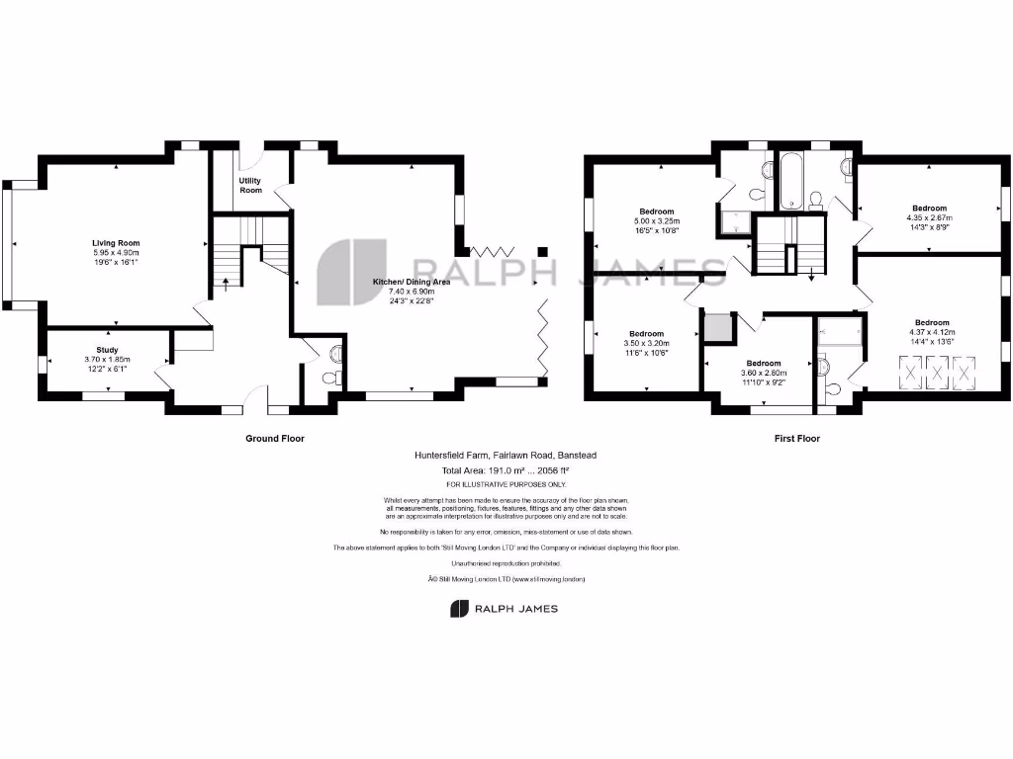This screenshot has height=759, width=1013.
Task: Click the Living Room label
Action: coord(116,243)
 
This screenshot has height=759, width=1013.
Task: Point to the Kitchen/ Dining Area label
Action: coord(411,282)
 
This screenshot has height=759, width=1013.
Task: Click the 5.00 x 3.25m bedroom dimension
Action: coord(656,221)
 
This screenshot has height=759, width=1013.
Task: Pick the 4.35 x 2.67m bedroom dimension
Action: coord(929,218)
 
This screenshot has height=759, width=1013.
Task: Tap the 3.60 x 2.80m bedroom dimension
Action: coord(763,373)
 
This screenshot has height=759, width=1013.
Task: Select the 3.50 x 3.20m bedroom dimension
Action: coord(646,344)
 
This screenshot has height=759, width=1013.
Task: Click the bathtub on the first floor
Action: coord(793,181)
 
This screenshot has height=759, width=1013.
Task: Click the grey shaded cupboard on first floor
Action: coord(718,327)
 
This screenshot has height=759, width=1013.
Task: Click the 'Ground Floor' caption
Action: coord(274,438)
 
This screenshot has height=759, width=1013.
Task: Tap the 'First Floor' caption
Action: coord(796,438)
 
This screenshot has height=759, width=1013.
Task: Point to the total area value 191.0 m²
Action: coord(505,470)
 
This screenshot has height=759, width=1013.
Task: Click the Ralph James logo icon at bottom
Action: coord(459,609)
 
